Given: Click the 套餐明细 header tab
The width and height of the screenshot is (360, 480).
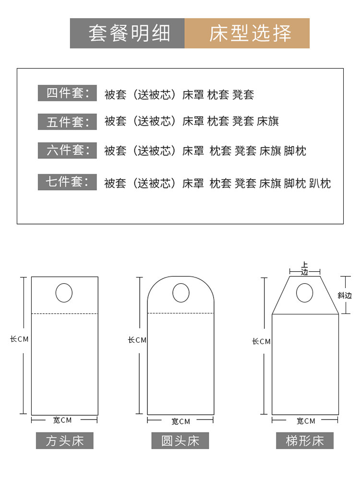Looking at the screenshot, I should tap(128, 34).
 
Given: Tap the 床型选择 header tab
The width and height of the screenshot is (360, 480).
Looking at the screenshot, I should tap(247, 34).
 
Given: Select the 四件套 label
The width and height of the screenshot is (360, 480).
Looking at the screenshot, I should tap(67, 93).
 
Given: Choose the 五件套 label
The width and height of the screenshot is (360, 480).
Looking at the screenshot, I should tap(67, 121).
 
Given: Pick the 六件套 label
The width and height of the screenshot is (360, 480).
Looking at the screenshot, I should tap(67, 151).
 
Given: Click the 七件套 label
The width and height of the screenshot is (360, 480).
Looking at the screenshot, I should tap(67, 182).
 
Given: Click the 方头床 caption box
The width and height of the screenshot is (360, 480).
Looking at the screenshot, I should tap(64, 440).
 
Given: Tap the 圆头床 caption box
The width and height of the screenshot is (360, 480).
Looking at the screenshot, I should tap(180, 440).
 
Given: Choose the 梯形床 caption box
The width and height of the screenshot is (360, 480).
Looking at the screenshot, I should tap(305, 440).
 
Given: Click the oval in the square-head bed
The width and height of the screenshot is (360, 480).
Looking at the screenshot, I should tap(64, 293).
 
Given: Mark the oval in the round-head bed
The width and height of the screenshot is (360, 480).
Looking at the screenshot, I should tap(180, 293).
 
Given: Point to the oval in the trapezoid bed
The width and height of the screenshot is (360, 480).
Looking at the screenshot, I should tap(304, 293).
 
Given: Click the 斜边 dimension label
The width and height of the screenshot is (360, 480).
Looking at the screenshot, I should tap(344, 295).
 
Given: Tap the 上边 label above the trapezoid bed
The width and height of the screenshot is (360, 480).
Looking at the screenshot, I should tap(304, 268).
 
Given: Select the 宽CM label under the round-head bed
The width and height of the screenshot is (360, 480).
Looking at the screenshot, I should tap(180, 421).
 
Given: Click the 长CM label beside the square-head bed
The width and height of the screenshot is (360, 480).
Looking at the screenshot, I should tap(20, 339).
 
